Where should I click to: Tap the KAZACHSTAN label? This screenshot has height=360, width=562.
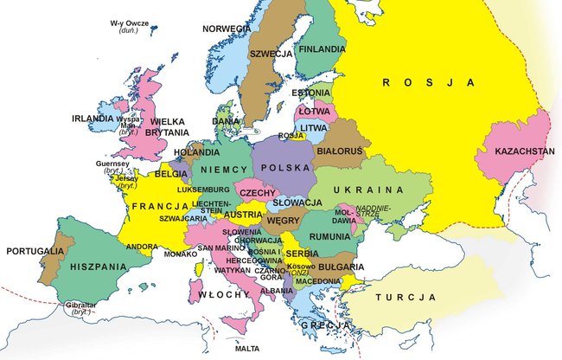pyautogui.click(x=526, y=151)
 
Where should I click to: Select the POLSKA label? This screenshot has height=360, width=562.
pyautogui.click(x=284, y=166)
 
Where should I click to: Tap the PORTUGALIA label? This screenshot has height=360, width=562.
pyautogui.click(x=34, y=251)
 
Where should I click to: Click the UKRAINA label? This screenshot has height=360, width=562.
pyautogui.click(x=371, y=190)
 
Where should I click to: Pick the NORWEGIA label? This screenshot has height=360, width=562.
pyautogui.click(x=227, y=29)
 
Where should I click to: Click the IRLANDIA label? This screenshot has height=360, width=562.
pyautogui.click(x=93, y=119)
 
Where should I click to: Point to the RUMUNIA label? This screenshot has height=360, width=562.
pyautogui.click(x=329, y=236)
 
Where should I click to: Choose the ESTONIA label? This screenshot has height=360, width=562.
pyautogui.click(x=311, y=93)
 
